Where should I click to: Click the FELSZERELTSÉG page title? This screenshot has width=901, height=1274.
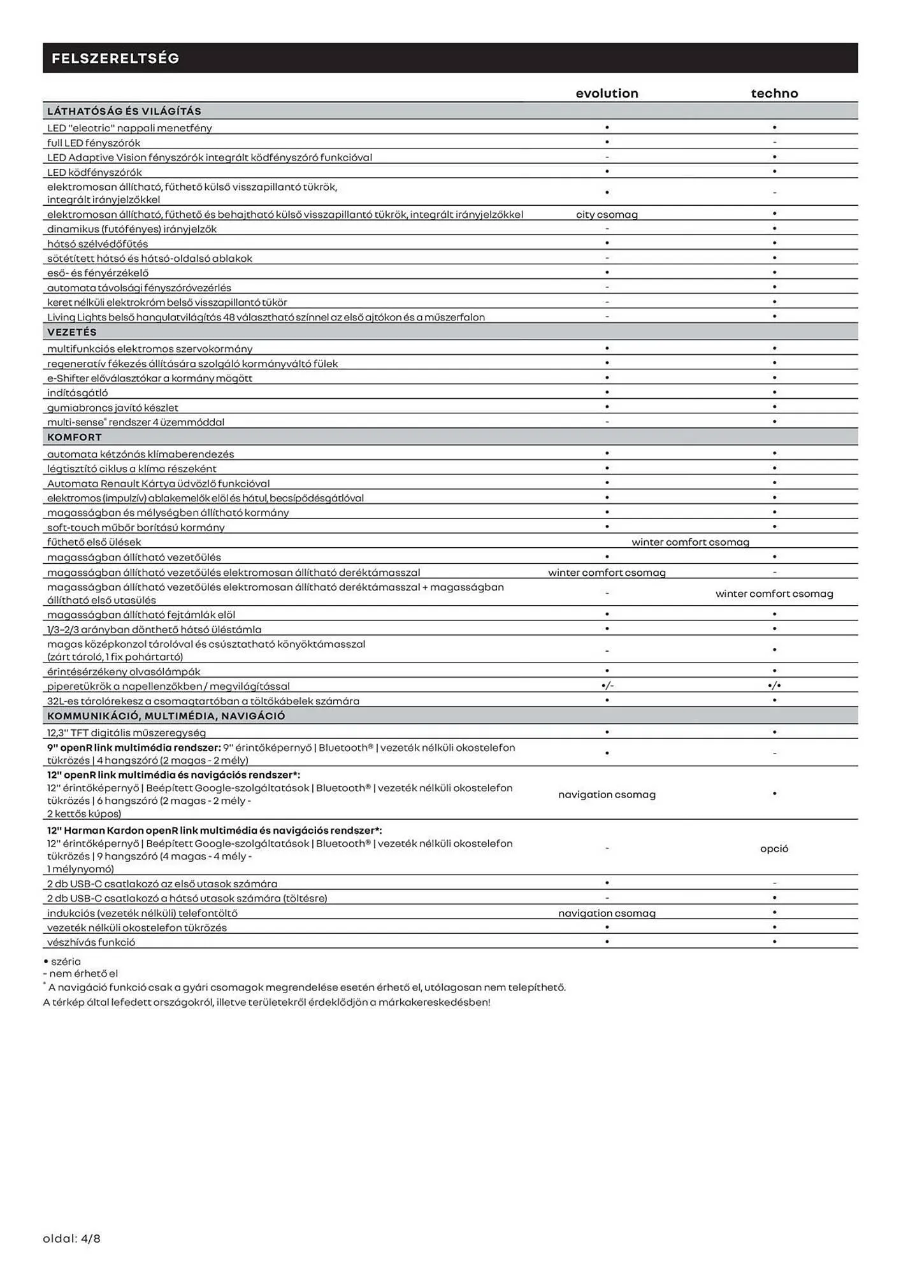[115, 59]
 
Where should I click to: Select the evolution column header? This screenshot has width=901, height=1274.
[607, 94]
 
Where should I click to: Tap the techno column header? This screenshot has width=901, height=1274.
[774, 94]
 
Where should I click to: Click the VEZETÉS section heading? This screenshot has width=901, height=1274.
[72, 332]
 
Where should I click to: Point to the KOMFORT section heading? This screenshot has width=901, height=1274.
[75, 437]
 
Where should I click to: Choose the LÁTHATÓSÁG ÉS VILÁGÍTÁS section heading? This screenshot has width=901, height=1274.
[124, 111]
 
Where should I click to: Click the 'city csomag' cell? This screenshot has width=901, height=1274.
[607, 215]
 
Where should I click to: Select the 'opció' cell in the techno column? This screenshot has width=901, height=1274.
[774, 848]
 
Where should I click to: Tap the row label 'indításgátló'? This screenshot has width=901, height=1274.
[78, 393]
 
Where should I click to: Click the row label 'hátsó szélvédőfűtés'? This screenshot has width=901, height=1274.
[97, 244]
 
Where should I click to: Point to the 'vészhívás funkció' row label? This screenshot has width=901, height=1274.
[91, 942]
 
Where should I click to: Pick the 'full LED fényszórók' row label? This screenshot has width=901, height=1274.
[94, 143]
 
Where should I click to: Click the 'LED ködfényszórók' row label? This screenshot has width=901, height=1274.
[94, 172]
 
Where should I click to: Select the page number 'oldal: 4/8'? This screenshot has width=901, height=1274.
[72, 1238]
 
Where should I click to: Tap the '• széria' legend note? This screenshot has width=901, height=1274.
[62, 961]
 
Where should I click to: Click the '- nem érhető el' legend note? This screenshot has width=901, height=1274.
[80, 973]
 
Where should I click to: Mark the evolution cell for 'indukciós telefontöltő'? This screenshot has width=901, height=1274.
[607, 913]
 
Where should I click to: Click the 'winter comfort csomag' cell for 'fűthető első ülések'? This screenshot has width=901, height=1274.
[690, 542]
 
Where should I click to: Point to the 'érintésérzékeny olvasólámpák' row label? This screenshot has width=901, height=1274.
[124, 671]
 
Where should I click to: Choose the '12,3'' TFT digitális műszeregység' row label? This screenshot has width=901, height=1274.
[126, 733]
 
